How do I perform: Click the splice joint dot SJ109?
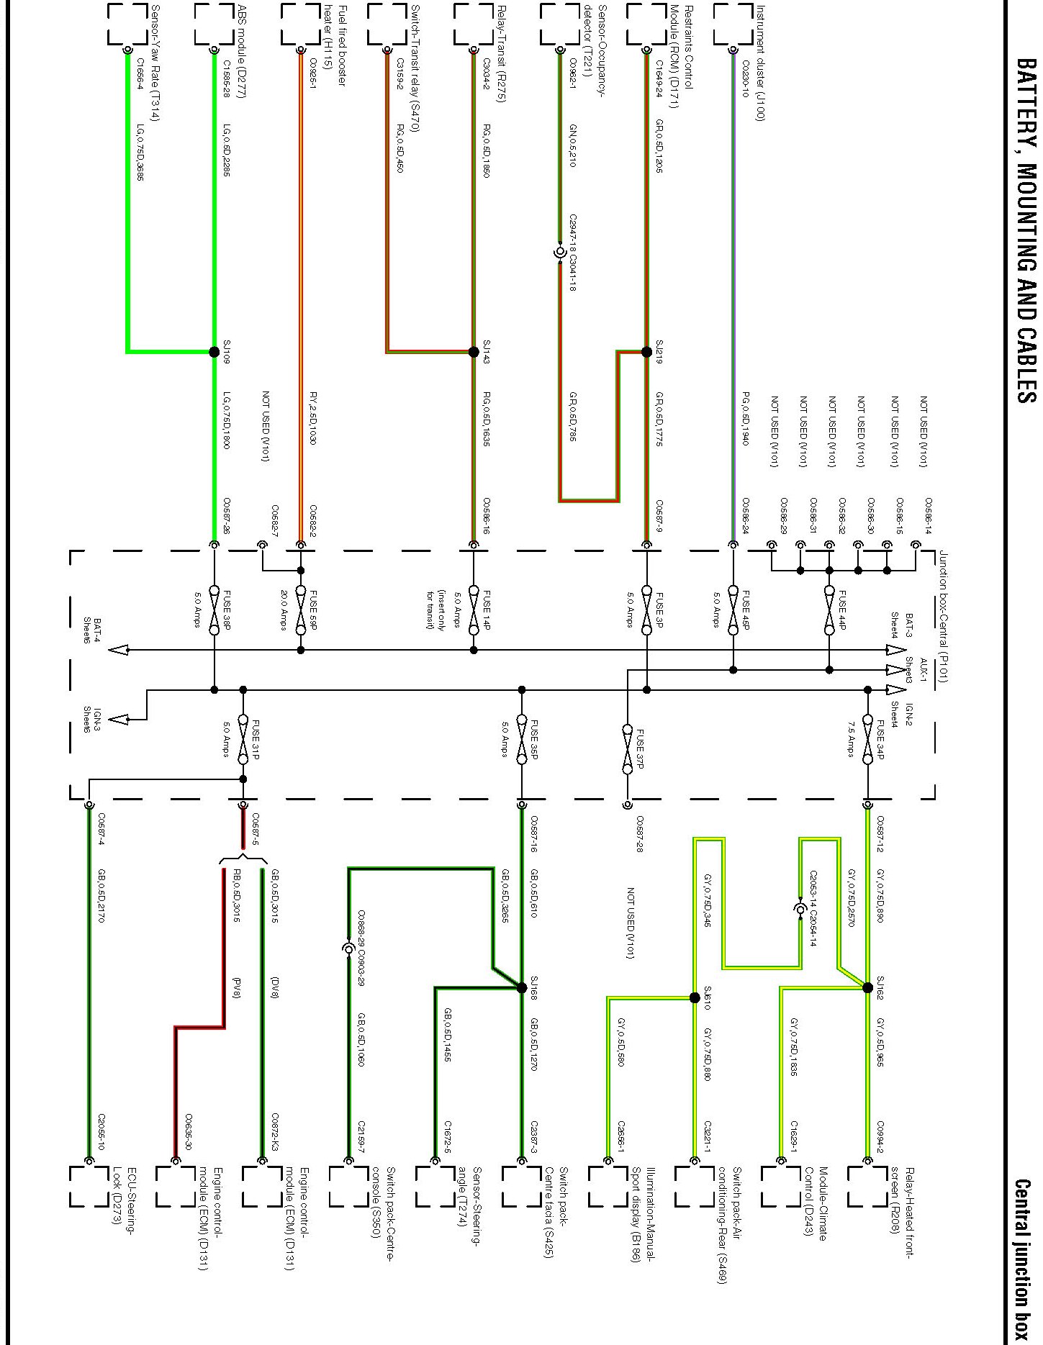[x=214, y=352]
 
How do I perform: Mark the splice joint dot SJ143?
[x=474, y=352]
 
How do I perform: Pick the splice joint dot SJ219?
[x=646, y=352]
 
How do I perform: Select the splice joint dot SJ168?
[x=522, y=988]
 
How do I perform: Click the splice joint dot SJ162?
[x=867, y=988]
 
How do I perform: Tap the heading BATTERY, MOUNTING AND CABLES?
[x=1025, y=230]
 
